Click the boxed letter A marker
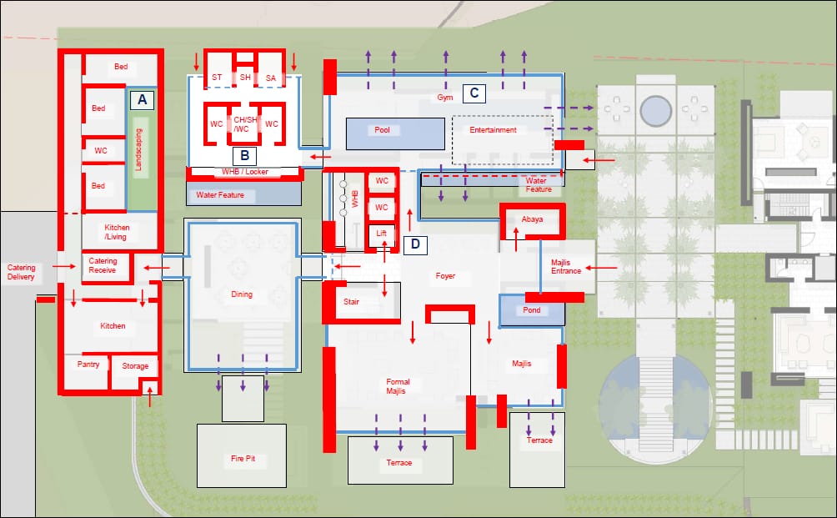142,100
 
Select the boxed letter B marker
244,155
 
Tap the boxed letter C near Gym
474,93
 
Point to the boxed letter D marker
415,244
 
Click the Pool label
382,130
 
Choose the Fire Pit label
243,458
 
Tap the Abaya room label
532,219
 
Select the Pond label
532,309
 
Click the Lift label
381,233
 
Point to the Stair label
351,302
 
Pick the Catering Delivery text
22,272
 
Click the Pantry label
88,365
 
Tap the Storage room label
135,366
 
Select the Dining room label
242,294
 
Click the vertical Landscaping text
138,149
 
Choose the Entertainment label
493,130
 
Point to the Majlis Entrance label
566,266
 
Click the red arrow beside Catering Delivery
64,266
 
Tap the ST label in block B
217,78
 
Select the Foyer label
445,275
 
